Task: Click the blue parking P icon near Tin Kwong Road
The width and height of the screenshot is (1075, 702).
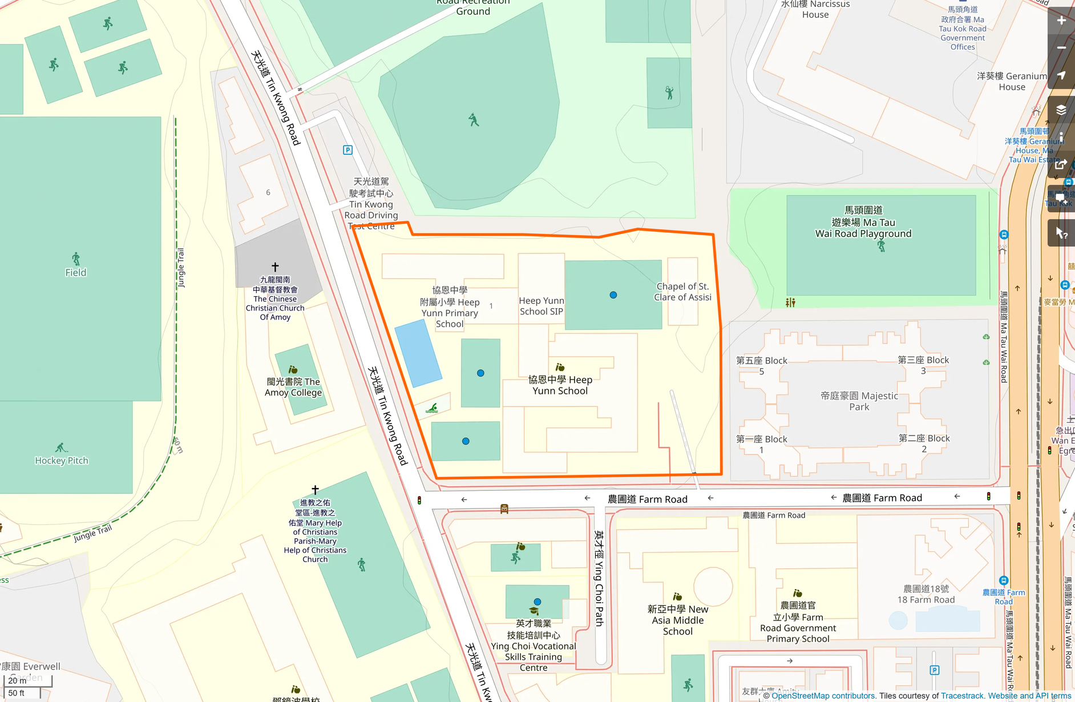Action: tap(347, 150)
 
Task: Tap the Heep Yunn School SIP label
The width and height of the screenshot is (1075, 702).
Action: tap(541, 306)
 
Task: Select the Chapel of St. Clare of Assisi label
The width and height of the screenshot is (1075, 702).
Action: tap(682, 292)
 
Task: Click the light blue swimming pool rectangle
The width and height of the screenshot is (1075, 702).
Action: tap(418, 353)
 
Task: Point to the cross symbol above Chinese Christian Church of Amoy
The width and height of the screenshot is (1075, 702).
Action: tap(275, 267)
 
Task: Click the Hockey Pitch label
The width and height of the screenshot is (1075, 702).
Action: tap(62, 461)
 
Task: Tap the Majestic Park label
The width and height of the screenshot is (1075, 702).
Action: tap(859, 401)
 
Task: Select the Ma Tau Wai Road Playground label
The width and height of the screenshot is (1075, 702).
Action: tap(863, 223)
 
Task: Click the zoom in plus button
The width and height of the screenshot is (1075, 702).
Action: tap(1061, 21)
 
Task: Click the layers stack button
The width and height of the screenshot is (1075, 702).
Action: tap(1061, 110)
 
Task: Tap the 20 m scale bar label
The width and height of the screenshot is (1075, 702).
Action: tap(17, 680)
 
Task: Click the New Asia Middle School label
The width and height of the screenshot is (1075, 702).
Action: tap(677, 620)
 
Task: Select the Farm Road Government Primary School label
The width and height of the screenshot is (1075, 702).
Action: tap(798, 623)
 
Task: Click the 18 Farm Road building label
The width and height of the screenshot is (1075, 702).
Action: tap(926, 594)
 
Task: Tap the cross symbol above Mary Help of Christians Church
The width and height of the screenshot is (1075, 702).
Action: tap(315, 490)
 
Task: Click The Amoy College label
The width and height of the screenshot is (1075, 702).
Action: tap(293, 387)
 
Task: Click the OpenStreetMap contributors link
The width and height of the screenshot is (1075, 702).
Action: tap(823, 696)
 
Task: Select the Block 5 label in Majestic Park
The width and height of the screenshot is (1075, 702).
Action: tap(761, 366)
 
